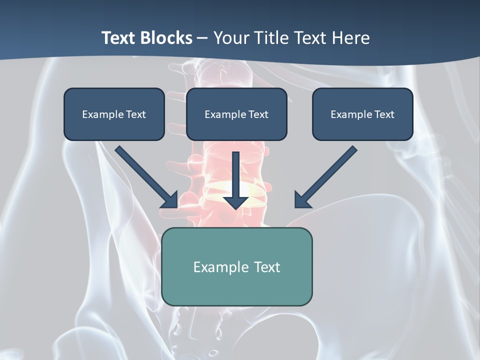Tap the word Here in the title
[x=351, y=38]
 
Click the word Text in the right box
[x=384, y=114]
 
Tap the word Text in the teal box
[x=267, y=267]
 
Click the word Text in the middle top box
[x=258, y=114]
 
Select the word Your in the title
[x=230, y=38]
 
